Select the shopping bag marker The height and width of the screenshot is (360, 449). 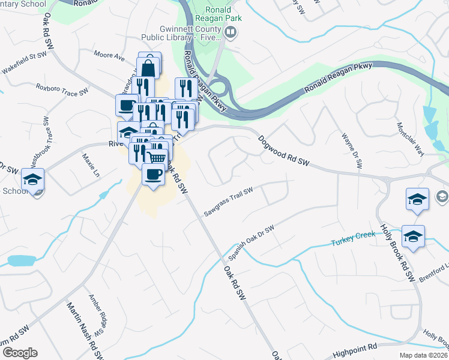pos(149,67)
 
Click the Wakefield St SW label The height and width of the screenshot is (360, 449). pos(26,58)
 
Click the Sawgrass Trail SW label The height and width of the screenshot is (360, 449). pos(228,202)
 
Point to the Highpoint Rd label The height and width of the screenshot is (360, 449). pos(354,347)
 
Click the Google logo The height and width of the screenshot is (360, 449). pos(19,353)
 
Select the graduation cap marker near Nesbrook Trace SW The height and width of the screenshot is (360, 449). pos(33,179)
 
